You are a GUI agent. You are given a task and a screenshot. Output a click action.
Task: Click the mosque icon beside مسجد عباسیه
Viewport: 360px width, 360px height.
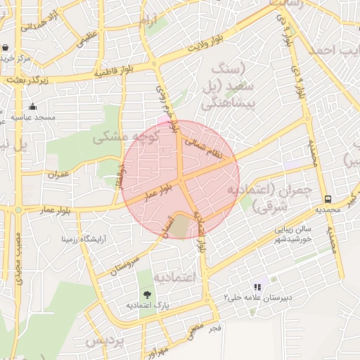[x=32, y=106]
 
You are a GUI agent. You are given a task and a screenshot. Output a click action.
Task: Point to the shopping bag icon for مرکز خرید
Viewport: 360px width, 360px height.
[x=6, y=48]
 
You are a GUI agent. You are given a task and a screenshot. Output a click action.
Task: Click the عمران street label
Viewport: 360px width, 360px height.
[x=59, y=173]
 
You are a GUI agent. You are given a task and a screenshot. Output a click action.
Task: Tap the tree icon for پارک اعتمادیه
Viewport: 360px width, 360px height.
[x=148, y=295]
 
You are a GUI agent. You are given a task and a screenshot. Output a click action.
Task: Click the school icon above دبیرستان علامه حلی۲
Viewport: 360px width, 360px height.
[x=257, y=287]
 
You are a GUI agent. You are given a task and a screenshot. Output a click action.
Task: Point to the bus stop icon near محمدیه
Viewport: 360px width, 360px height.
[x=328, y=199]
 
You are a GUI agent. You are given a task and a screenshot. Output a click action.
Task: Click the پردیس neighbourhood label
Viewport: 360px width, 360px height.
[x=105, y=341]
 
